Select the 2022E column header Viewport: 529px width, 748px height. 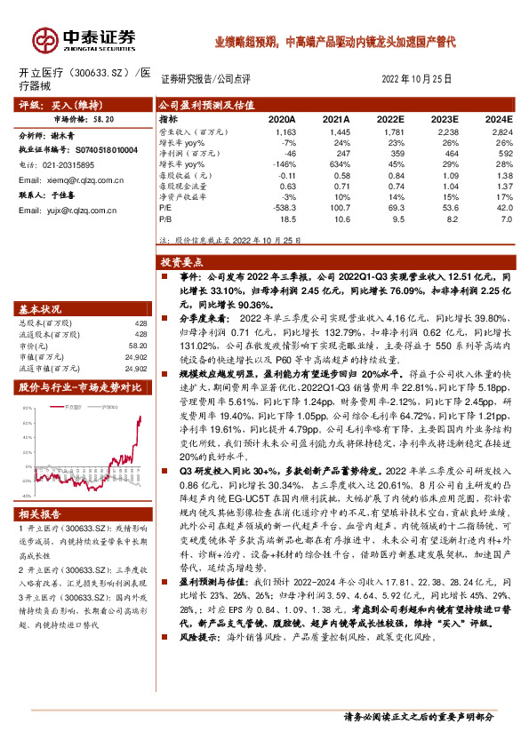390,118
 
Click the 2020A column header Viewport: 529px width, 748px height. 282,118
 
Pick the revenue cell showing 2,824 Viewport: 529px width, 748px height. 501,131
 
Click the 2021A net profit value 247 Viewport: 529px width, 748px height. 339,153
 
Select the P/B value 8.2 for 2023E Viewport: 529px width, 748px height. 450,217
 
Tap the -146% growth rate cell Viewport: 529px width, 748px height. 284,163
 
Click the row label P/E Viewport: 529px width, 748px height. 166,206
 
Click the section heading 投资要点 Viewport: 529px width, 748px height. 181,263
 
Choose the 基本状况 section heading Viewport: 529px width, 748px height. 40,309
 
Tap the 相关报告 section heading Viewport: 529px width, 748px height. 40,514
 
